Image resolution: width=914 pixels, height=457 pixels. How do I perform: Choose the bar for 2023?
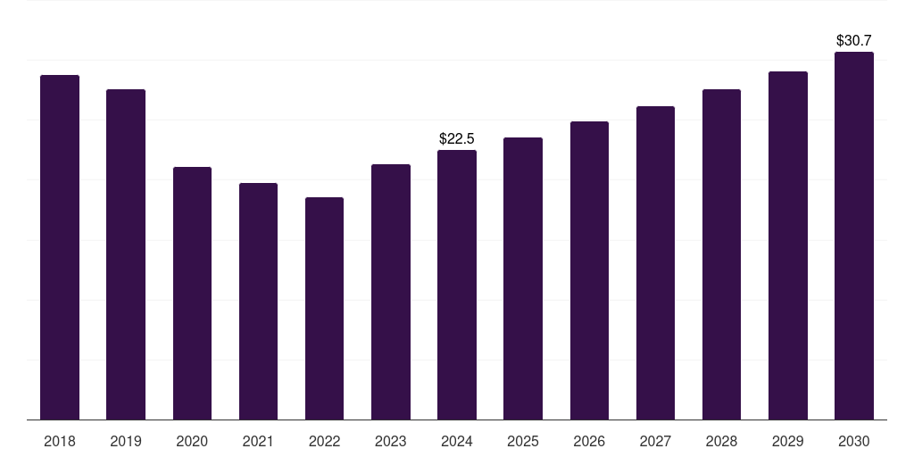tap(391, 292)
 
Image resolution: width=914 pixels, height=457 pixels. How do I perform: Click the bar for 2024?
tap(457, 285)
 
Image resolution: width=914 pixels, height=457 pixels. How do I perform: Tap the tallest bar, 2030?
tap(854, 236)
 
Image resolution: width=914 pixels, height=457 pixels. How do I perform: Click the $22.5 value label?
tap(457, 138)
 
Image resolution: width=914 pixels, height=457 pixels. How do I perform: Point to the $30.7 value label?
tap(854, 40)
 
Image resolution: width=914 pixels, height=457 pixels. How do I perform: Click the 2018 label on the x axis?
tap(60, 441)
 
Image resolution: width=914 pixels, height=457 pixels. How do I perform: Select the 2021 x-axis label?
tap(258, 441)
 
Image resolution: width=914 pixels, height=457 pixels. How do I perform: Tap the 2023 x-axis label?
tap(391, 441)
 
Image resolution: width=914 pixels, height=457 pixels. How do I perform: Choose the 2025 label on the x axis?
tap(523, 441)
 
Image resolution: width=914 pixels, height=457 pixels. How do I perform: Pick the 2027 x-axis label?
tap(655, 441)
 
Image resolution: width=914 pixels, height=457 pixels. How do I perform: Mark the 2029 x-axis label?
tap(788, 441)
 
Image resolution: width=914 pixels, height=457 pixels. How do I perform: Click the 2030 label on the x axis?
tap(854, 441)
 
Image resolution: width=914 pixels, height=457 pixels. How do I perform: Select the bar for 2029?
tap(788, 245)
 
